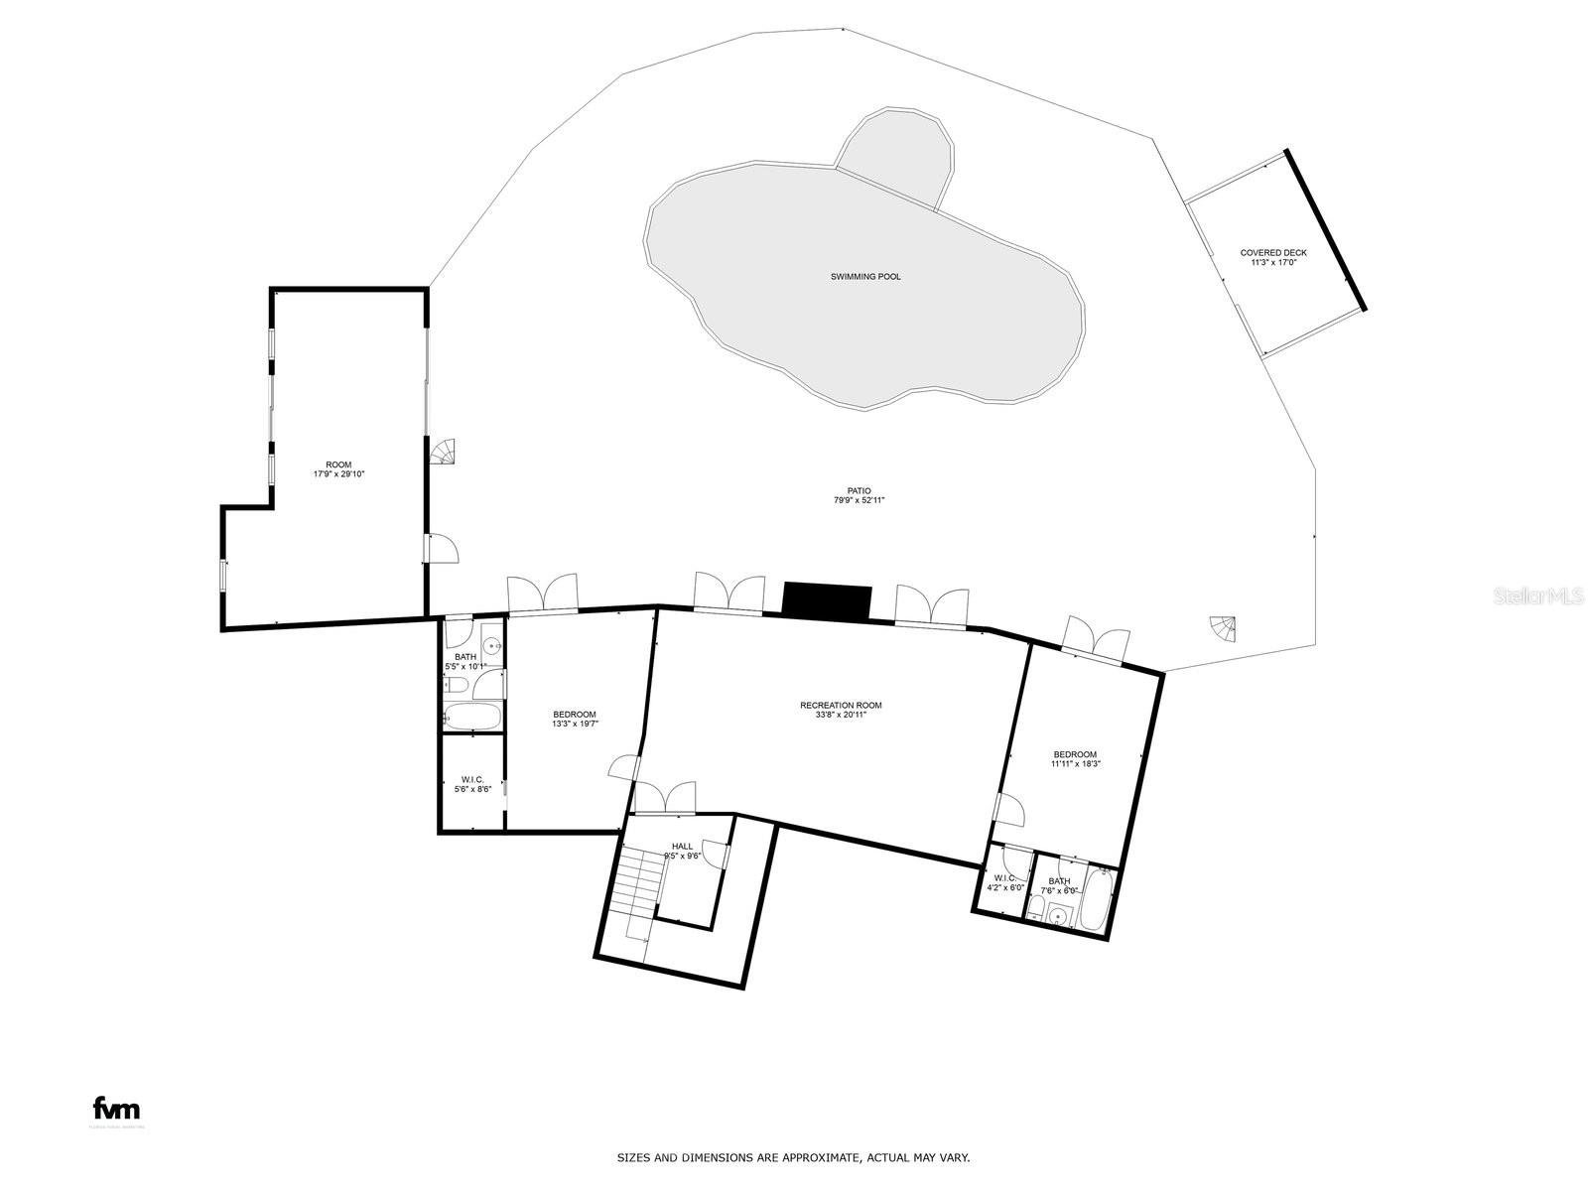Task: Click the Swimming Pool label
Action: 865,277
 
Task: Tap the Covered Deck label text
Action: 1273,257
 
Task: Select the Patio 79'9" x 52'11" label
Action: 859,495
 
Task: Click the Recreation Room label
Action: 841,710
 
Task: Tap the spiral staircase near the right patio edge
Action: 1224,628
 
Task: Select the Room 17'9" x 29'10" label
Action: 338,469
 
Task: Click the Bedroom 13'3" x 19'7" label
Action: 575,719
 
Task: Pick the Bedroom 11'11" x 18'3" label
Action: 1076,758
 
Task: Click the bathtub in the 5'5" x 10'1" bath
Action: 472,717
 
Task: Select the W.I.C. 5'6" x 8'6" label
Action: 472,784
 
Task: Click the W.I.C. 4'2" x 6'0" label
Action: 1004,882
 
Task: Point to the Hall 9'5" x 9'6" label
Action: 683,851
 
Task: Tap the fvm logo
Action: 116,1109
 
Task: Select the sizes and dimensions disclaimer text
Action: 793,1158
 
